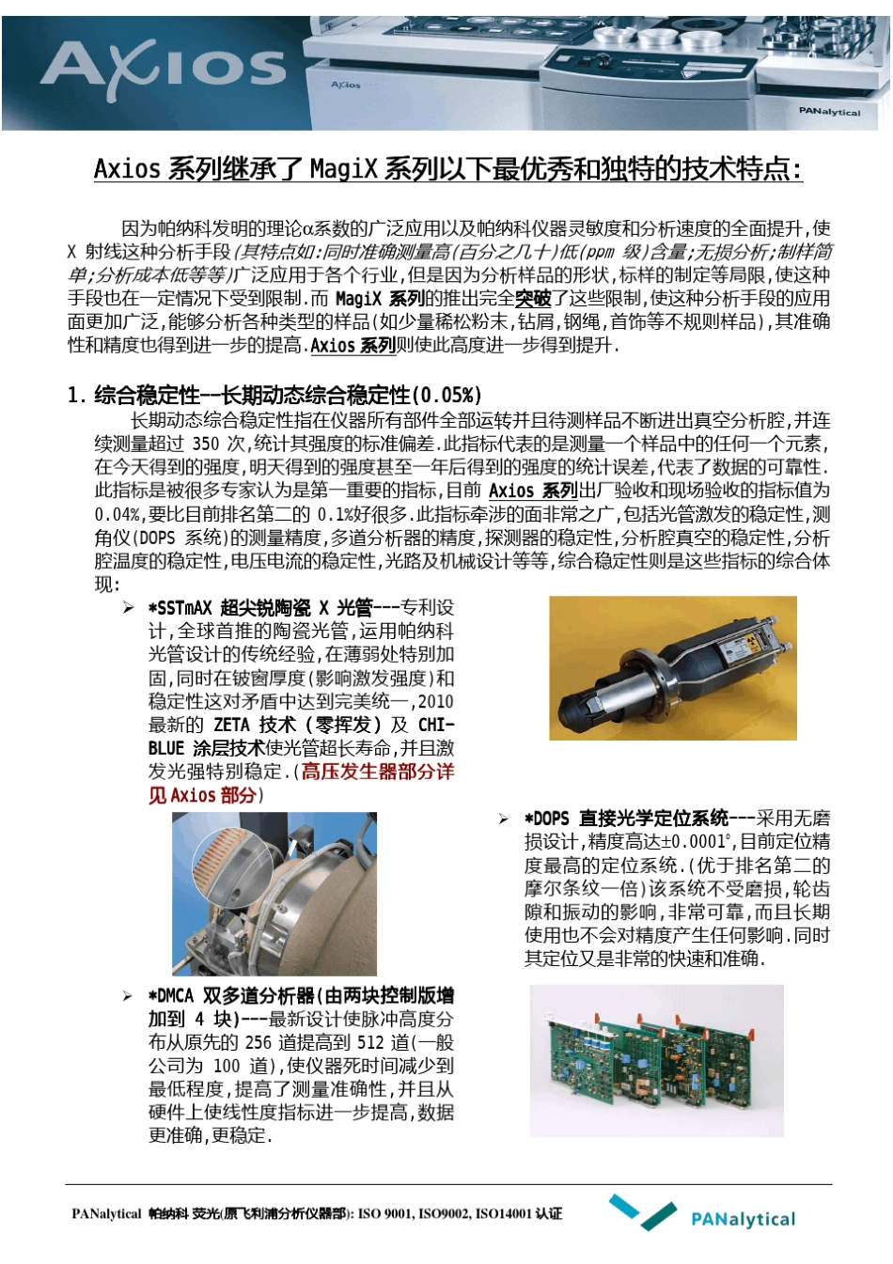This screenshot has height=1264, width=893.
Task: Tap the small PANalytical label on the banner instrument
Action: tap(828, 112)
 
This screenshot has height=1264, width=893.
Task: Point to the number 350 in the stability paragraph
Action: tap(205, 444)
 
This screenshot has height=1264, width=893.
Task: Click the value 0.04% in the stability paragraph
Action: tap(117, 514)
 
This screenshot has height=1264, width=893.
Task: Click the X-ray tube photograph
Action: tap(672, 668)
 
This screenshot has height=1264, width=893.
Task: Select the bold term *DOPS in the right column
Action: tap(547, 819)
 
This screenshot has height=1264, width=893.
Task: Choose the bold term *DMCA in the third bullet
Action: tap(171, 996)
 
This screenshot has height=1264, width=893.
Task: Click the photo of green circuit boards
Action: tap(656, 1060)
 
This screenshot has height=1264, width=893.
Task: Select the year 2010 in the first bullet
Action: tap(435, 702)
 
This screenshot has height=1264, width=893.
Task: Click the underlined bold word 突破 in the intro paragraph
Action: tap(533, 299)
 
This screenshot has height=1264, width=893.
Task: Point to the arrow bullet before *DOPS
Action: tap(504, 819)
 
